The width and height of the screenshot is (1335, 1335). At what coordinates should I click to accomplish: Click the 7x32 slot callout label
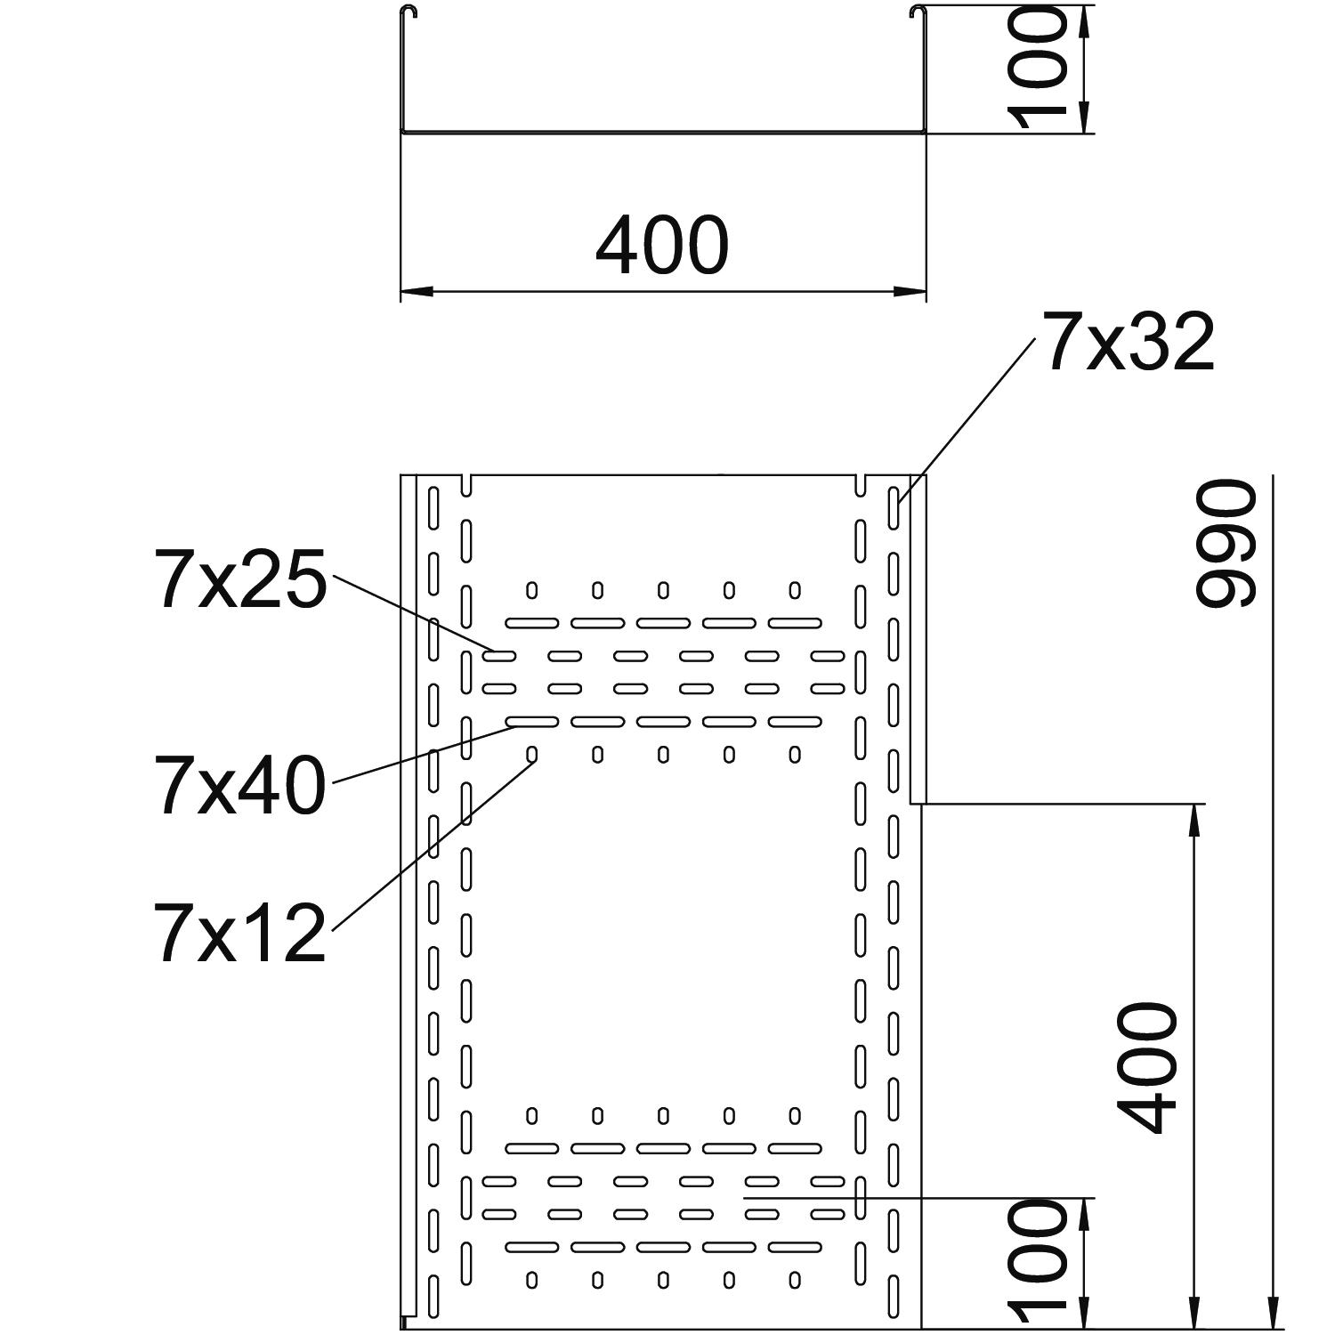(x=1129, y=343)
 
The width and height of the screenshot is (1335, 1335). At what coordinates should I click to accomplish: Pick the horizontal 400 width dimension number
(x=662, y=244)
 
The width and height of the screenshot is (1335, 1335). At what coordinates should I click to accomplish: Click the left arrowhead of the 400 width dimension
(x=417, y=291)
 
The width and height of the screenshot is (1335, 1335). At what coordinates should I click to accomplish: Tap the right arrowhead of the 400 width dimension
(x=910, y=291)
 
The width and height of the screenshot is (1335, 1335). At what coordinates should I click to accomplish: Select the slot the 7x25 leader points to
(x=499, y=656)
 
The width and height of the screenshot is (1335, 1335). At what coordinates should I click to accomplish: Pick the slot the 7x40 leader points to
(x=532, y=721)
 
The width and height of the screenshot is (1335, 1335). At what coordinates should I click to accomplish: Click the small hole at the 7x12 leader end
(x=532, y=755)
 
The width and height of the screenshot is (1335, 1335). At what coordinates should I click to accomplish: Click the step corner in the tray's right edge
(x=920, y=804)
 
